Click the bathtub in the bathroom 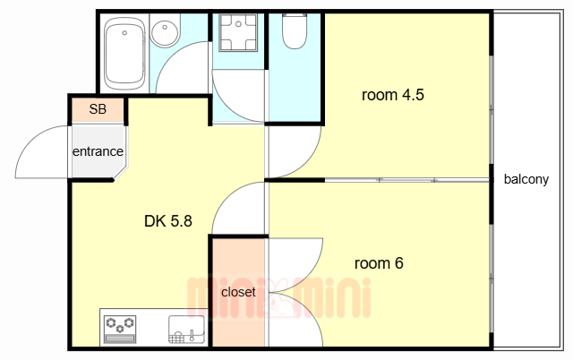(124, 54)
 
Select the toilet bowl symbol (295, 31)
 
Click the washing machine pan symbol (238, 32)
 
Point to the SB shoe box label (98, 109)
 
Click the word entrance (98, 151)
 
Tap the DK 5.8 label (168, 221)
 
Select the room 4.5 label (393, 95)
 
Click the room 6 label (379, 263)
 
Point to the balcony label (526, 179)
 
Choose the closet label (238, 292)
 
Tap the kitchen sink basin (186, 330)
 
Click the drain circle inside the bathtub (124, 33)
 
